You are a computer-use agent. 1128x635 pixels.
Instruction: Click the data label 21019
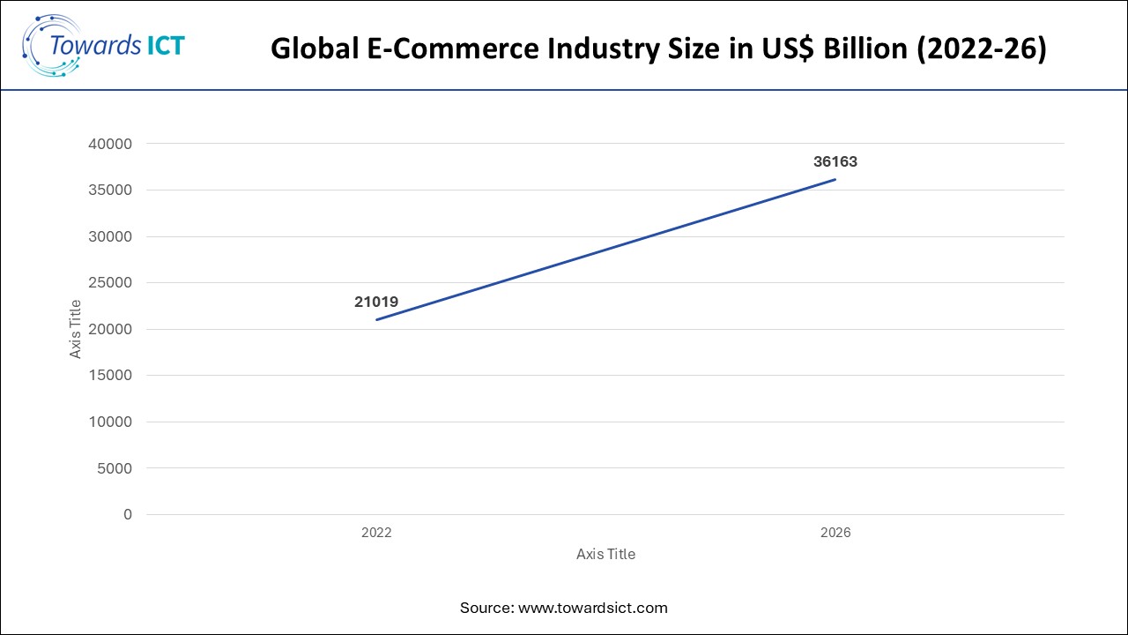(x=376, y=302)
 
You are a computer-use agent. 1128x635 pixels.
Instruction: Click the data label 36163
(x=835, y=162)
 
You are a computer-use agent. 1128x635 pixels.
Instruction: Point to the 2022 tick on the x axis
(x=376, y=534)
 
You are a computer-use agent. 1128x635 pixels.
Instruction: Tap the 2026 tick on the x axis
(x=835, y=534)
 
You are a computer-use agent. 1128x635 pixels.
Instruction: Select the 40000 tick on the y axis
(x=112, y=144)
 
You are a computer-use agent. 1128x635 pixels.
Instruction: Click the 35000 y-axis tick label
(x=112, y=190)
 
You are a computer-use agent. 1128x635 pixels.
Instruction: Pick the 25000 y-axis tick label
(x=112, y=283)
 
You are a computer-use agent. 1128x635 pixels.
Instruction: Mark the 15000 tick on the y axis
(x=112, y=376)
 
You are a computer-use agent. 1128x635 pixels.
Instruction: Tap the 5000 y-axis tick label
(x=115, y=468)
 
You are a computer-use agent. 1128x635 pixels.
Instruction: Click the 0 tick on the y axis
(x=127, y=514)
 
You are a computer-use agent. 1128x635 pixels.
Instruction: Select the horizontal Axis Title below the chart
(x=605, y=555)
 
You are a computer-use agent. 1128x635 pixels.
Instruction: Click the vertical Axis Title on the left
(x=76, y=329)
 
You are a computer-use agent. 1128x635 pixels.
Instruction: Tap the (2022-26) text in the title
(x=981, y=49)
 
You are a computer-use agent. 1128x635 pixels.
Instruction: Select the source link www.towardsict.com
(x=592, y=608)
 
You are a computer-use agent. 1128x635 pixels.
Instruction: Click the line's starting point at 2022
(x=376, y=319)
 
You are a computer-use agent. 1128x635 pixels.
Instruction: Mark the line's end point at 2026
(x=835, y=179)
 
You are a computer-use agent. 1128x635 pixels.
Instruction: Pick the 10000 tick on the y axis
(x=112, y=422)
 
